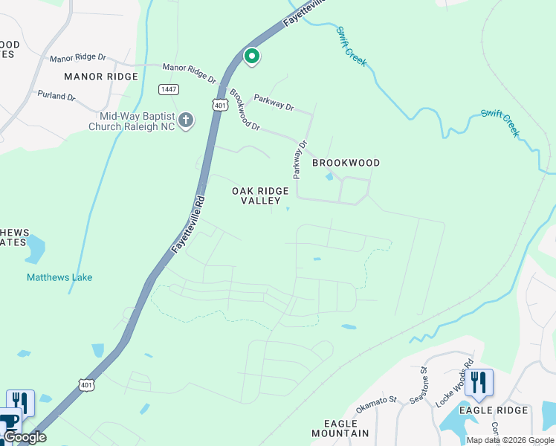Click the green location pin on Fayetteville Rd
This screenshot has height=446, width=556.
252,56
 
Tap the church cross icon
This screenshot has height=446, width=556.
185,119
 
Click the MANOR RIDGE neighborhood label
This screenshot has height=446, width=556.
101,77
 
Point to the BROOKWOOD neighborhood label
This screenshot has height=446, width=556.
346,163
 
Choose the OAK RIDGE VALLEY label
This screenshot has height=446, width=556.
260,196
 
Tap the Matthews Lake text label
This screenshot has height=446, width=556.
59,277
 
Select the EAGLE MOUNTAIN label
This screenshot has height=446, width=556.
340,428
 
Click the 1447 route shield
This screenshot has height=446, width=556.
167,89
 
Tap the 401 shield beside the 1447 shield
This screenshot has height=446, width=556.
219,106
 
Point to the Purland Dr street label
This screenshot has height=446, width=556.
56,97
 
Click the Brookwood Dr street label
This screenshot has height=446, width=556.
244,110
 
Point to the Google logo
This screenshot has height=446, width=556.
24,437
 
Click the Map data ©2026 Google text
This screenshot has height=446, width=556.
510,440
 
